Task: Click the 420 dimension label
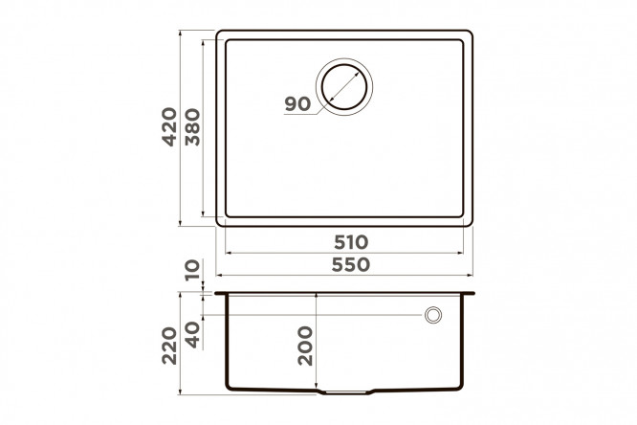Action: point(169,127)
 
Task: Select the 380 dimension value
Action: point(192,127)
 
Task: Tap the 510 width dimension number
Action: point(351,242)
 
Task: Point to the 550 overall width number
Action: point(351,265)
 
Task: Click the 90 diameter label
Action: point(297,104)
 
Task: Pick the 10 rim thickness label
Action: point(192,270)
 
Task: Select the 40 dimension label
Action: point(192,335)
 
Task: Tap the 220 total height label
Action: point(169,346)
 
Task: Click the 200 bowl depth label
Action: point(305,346)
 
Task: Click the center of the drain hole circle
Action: point(344,86)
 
